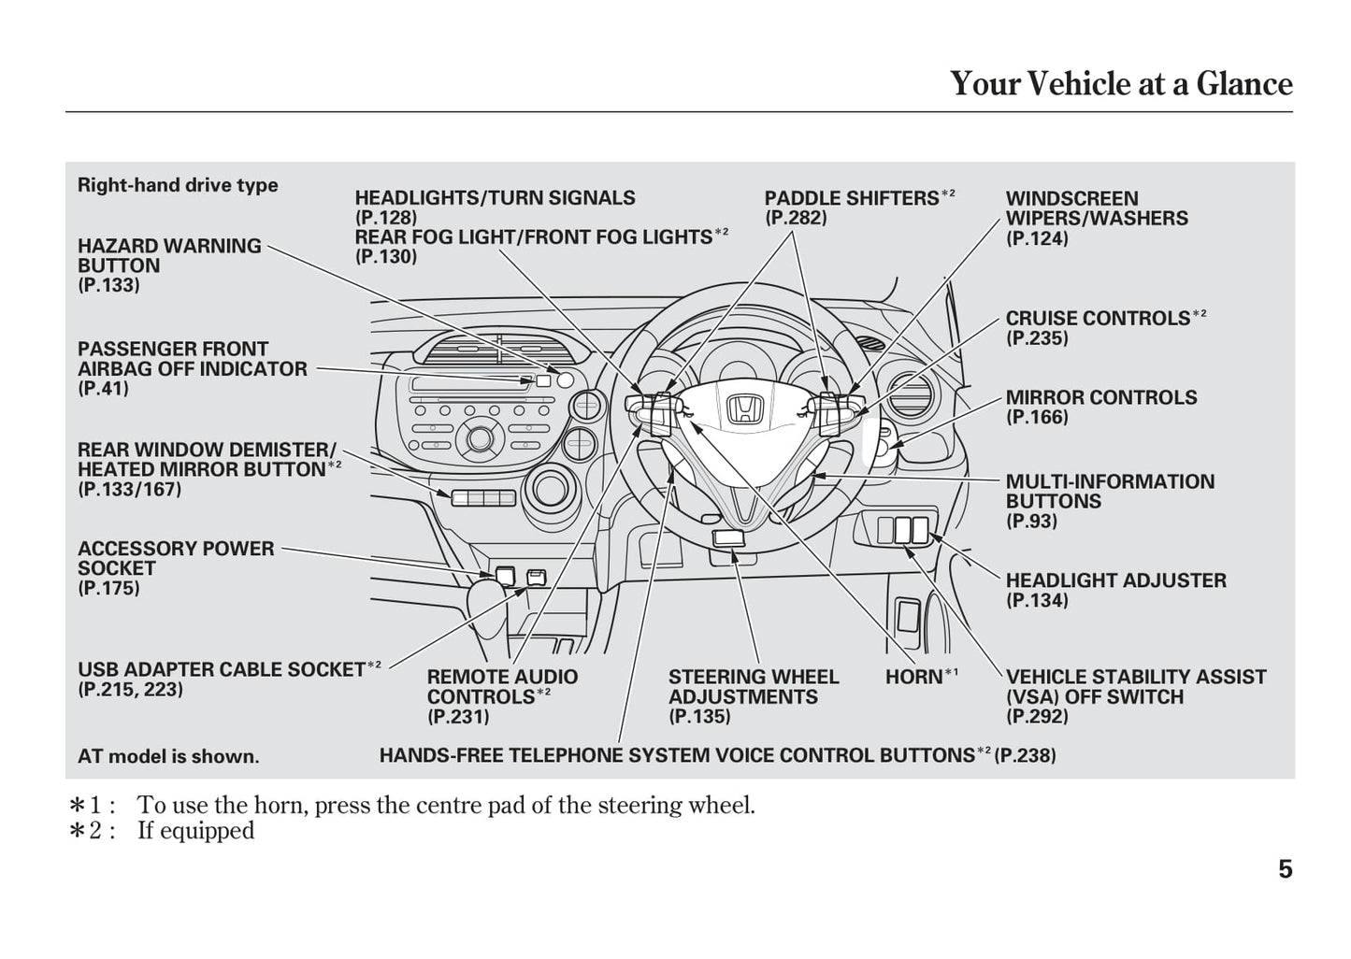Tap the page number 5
1285,869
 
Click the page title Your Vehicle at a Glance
1121,84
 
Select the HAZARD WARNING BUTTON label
169,255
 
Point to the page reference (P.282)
796,218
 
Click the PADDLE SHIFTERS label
851,198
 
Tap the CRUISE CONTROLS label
1098,318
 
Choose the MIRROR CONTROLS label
1100,397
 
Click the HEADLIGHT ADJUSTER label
1115,580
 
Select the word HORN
913,677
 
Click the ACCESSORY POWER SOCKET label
175,558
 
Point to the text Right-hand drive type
178,185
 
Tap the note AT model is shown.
168,756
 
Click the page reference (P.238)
1025,755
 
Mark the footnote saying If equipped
195,830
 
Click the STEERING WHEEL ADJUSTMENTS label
753,687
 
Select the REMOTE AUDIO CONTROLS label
502,687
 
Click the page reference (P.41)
103,389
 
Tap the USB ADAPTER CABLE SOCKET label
221,669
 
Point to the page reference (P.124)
1037,238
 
